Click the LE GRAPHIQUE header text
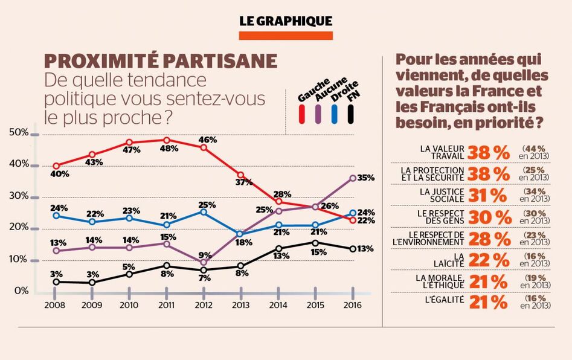point(286,21)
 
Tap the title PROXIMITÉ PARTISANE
point(161,61)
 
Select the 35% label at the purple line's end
point(366,178)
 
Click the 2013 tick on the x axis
point(240,305)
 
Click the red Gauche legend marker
point(303,114)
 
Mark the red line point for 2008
point(56,166)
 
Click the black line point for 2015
point(314,243)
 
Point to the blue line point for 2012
point(204,212)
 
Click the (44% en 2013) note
point(535,152)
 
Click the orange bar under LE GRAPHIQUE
point(286,36)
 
